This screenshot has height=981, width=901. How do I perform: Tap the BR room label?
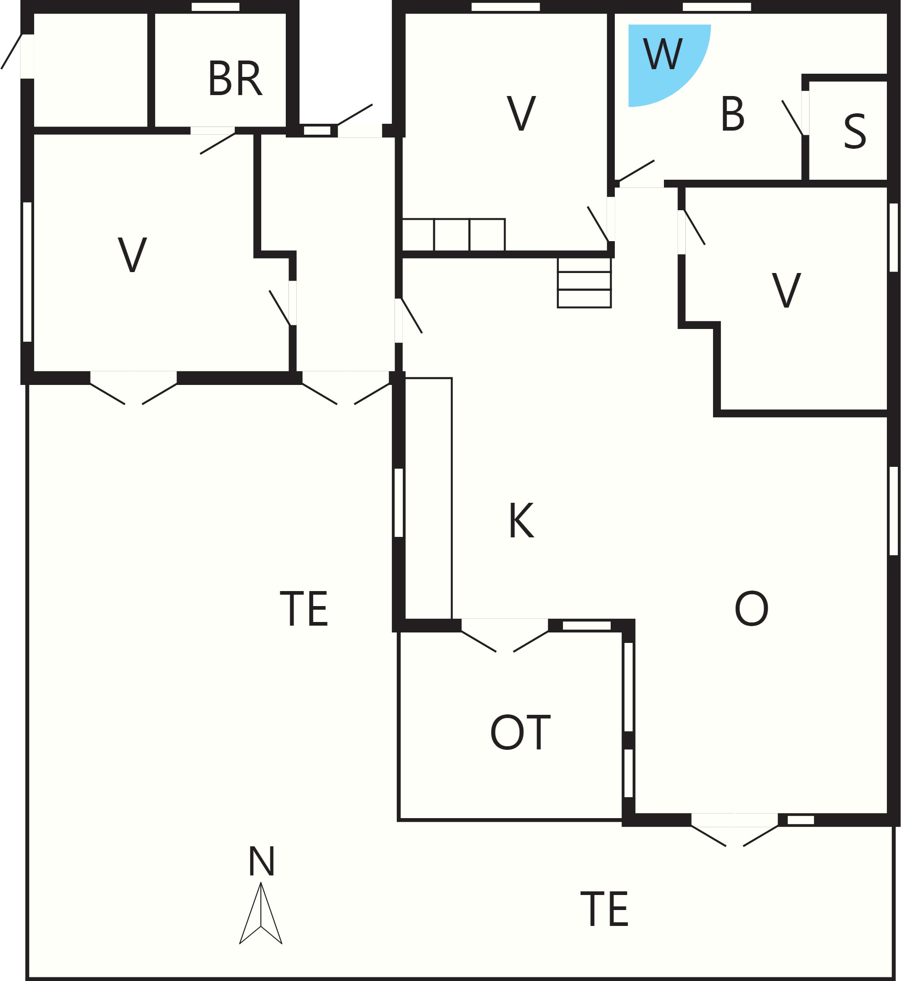(x=235, y=79)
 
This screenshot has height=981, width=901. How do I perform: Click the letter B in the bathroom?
(x=732, y=114)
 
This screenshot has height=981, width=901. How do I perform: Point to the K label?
(x=521, y=520)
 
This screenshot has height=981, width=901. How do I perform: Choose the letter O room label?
(x=751, y=608)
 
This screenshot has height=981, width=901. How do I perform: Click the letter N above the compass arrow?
(x=262, y=861)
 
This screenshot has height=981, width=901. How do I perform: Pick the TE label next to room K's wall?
(x=304, y=608)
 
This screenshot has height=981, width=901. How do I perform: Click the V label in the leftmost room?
(x=132, y=254)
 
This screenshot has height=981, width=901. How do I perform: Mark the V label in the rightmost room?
(x=786, y=290)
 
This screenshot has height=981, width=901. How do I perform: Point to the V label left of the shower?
(x=521, y=113)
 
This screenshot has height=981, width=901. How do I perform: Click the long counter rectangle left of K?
(x=429, y=498)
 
